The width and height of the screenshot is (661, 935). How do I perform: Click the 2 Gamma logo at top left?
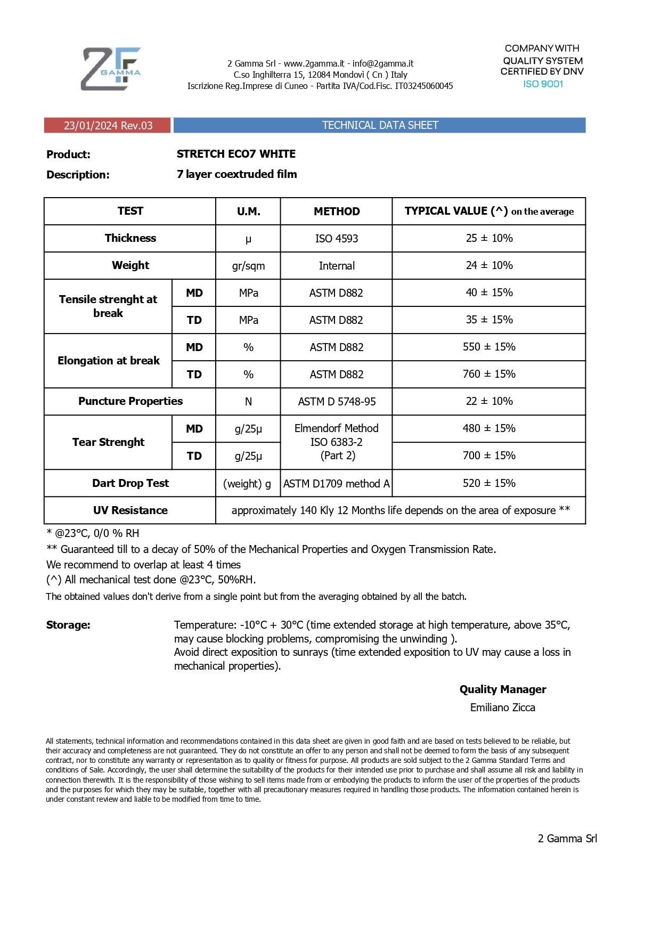click(111, 69)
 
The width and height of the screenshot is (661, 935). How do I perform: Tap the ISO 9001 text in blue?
click(543, 84)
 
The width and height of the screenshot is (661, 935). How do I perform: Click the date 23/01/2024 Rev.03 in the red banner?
click(108, 126)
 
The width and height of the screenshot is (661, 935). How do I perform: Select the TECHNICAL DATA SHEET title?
click(380, 125)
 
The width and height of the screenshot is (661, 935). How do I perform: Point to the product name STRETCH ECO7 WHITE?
click(236, 154)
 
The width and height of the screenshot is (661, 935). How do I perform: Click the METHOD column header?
click(337, 212)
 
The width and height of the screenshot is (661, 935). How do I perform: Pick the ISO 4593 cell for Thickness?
click(337, 239)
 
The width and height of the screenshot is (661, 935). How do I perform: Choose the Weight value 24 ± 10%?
click(489, 265)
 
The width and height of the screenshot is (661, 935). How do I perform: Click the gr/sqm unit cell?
click(248, 266)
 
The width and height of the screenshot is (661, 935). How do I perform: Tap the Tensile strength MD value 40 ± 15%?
click(489, 292)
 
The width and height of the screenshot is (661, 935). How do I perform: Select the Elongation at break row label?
click(109, 361)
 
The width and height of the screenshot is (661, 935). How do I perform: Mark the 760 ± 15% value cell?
click(489, 374)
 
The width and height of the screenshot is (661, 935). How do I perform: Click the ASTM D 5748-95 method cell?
click(337, 402)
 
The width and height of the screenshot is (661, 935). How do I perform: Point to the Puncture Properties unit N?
click(248, 402)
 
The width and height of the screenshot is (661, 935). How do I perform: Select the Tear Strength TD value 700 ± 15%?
click(489, 456)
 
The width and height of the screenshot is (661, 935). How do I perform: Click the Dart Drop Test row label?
click(130, 483)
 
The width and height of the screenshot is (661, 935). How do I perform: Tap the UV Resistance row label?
click(130, 510)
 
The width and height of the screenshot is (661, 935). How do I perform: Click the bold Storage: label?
click(68, 625)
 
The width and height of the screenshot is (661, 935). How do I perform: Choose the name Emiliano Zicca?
click(502, 708)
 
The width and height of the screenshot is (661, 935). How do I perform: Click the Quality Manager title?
click(502, 689)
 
